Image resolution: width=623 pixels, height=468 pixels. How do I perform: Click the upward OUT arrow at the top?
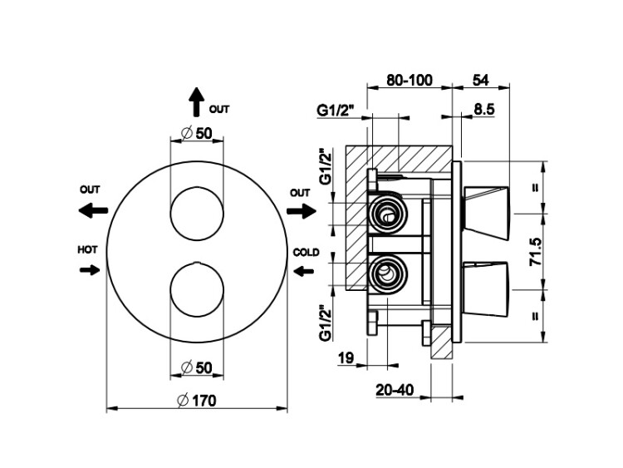(196, 102)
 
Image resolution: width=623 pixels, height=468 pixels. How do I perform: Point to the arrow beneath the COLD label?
(303, 269)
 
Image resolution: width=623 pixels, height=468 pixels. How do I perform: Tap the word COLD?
(304, 251)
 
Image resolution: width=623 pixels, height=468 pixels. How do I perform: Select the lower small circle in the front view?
(196, 292)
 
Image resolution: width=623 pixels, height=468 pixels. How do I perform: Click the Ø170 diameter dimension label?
(197, 400)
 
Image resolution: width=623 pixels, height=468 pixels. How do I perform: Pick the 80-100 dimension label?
(410, 81)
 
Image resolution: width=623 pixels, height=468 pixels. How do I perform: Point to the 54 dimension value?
(480, 81)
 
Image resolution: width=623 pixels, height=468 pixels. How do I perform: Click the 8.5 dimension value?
(485, 108)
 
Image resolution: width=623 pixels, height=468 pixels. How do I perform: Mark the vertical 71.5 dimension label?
(536, 251)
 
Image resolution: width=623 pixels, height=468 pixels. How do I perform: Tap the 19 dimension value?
(346, 358)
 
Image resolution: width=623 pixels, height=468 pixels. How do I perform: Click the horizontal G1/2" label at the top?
(335, 110)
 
